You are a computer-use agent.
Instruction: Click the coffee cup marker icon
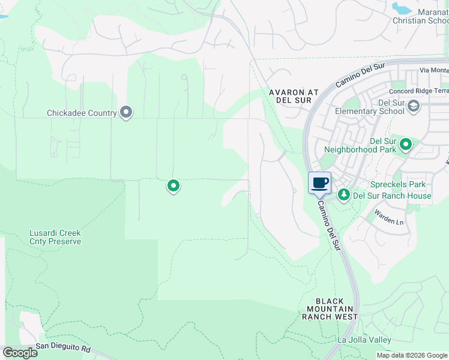click(319, 183)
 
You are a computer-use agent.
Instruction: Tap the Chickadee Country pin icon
click(126, 112)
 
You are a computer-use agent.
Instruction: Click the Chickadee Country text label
click(82, 113)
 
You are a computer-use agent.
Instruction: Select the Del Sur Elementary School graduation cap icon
click(413, 106)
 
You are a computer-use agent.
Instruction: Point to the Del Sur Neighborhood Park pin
click(406, 144)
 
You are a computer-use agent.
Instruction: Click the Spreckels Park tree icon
click(344, 194)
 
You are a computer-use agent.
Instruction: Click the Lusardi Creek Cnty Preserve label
click(55, 237)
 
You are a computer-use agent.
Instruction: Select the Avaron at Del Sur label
click(294, 97)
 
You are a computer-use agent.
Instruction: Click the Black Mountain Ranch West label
click(330, 309)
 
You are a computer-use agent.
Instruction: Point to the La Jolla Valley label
click(364, 340)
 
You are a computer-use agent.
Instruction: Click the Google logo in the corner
click(20, 353)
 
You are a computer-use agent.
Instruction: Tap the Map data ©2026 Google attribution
click(412, 355)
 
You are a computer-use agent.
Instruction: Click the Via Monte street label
click(434, 70)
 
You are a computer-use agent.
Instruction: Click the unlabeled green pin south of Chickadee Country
click(173, 187)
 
